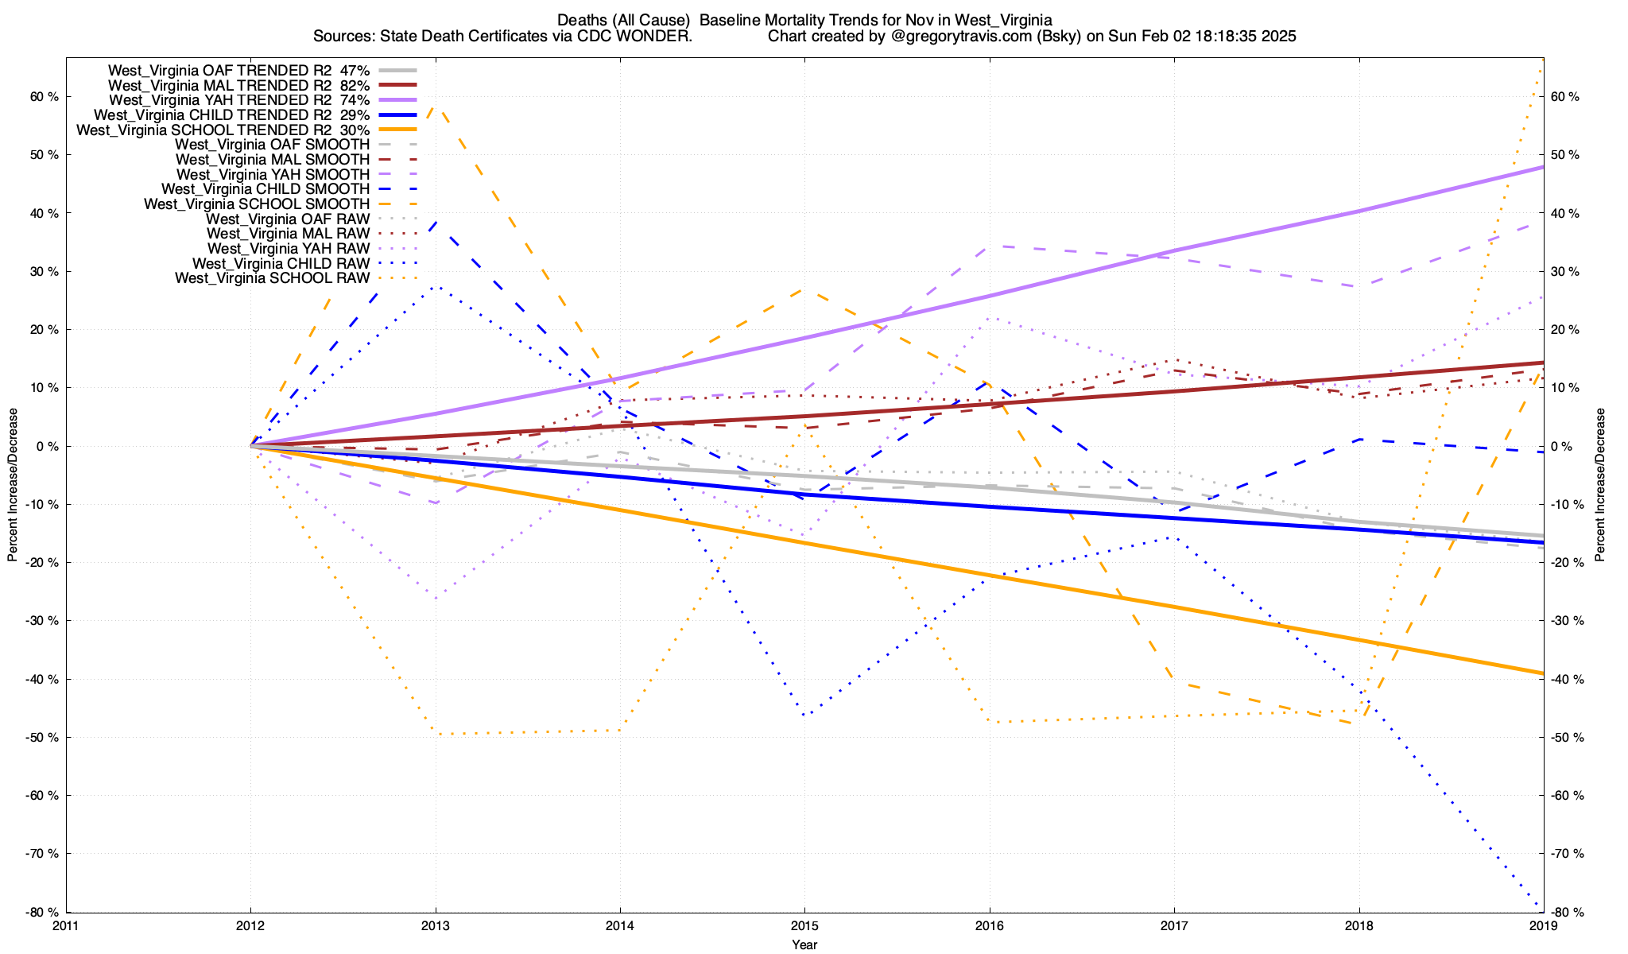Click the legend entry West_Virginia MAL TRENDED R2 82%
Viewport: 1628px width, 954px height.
(x=238, y=85)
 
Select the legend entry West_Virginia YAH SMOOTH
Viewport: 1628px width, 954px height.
(x=273, y=174)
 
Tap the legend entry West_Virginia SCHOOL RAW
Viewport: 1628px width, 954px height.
(x=272, y=278)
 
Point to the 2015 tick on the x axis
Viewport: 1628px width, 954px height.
(x=804, y=925)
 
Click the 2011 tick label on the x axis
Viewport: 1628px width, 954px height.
(x=66, y=925)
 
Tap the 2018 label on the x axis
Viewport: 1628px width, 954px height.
(x=1359, y=925)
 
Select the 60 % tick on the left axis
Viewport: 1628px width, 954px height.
(x=45, y=97)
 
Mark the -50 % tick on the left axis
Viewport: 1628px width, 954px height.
(x=43, y=737)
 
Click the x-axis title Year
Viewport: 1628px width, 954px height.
(x=804, y=944)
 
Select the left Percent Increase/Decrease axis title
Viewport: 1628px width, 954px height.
(x=13, y=485)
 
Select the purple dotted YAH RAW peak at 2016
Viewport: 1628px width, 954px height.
(x=989, y=318)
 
